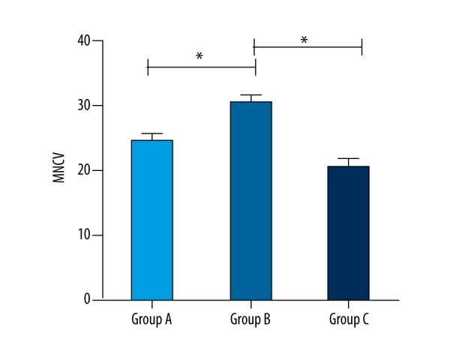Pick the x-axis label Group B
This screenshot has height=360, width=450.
pos(250,320)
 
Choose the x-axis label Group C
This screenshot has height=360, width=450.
pos(349,320)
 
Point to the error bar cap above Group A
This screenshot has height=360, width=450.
pos(152,133)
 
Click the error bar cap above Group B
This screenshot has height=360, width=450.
pos(250,95)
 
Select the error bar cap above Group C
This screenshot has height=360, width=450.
pos(348,159)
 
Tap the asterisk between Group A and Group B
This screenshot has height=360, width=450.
pos(199,57)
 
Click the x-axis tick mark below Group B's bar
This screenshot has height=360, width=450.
pos(250,302)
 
